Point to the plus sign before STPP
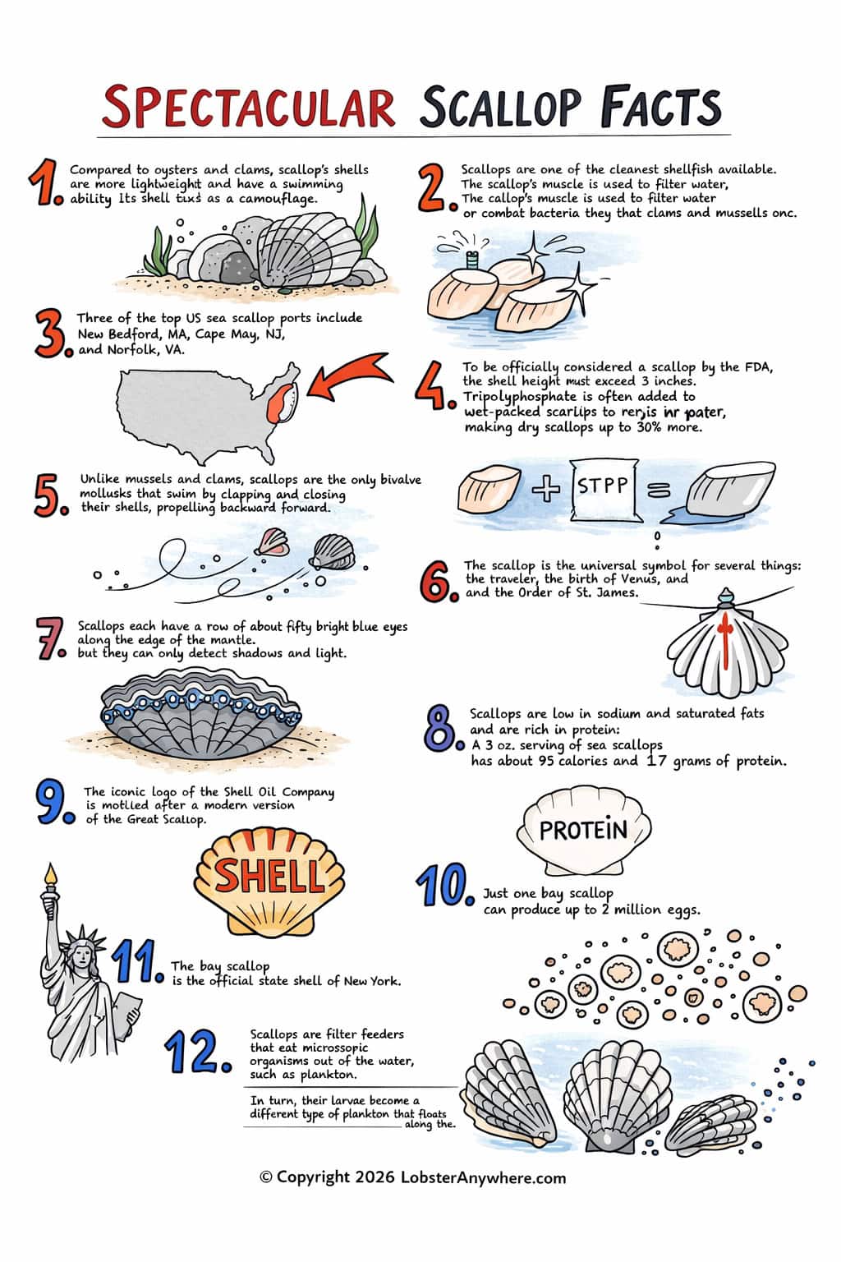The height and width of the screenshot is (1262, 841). (x=545, y=489)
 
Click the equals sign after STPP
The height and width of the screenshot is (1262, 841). (x=659, y=490)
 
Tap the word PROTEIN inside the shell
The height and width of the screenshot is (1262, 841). (x=583, y=830)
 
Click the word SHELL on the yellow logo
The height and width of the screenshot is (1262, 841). (x=269, y=876)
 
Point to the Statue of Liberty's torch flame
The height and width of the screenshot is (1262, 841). (x=51, y=873)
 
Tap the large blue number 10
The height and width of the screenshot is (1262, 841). (x=444, y=887)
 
